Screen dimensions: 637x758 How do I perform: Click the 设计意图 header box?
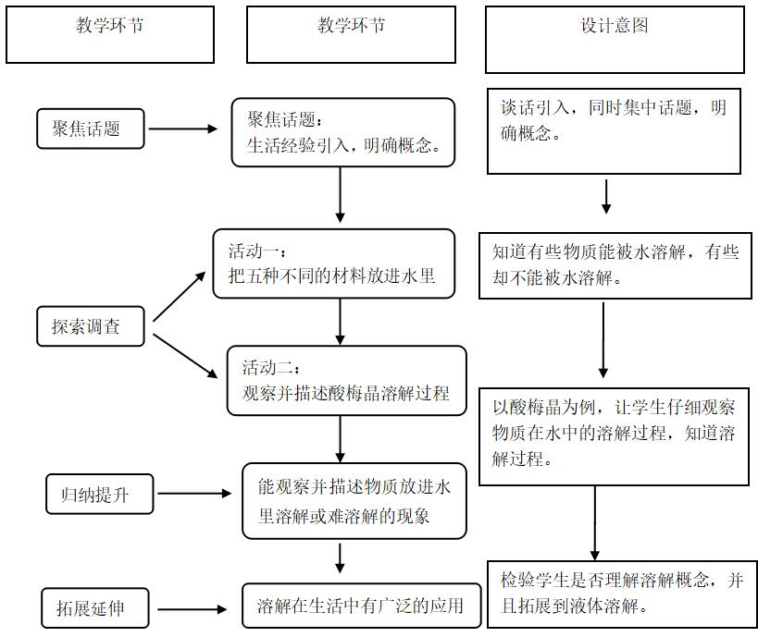615,39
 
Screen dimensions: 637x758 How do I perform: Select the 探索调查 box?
91,326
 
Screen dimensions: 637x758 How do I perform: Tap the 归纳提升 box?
100,495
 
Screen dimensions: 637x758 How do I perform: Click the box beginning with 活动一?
334,263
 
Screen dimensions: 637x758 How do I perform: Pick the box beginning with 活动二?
347,380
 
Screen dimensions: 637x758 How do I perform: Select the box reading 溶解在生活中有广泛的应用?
361,607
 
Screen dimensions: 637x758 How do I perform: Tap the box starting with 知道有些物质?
615,265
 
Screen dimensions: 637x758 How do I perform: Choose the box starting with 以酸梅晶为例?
615,435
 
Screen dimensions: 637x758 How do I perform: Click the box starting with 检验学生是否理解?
621,593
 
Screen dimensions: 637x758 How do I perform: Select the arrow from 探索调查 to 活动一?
180,296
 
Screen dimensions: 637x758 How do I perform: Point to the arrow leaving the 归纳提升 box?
193,495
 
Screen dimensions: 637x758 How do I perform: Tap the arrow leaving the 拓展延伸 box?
190,608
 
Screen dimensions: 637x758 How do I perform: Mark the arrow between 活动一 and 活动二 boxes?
341,321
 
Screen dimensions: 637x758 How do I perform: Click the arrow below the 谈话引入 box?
606,195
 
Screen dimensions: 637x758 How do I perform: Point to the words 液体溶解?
612,607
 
